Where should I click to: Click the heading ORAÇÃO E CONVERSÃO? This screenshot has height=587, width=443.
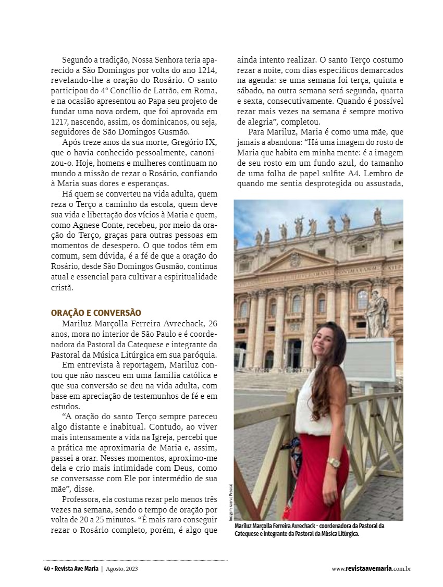96,313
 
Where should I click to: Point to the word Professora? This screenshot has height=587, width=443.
83,499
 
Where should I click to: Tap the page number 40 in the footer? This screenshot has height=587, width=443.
46,569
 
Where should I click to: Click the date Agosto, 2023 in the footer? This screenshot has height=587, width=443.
121,569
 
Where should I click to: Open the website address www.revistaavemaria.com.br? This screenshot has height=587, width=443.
371,569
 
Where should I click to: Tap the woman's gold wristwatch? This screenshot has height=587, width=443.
334,462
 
